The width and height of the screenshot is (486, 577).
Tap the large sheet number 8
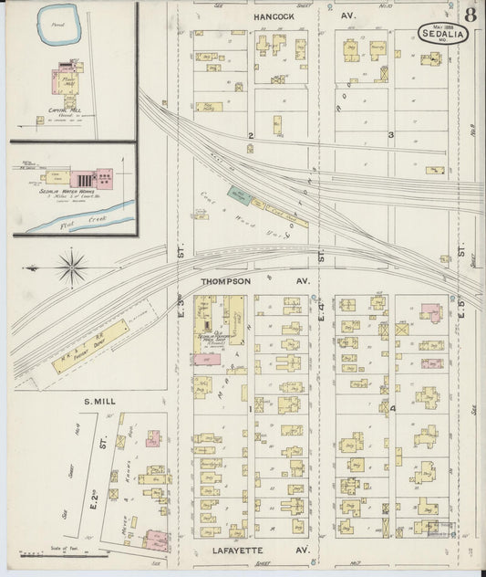(469, 16)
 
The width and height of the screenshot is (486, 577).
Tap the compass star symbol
(73, 268)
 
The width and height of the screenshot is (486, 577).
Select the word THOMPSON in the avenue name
(225, 281)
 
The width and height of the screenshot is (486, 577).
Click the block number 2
(250, 136)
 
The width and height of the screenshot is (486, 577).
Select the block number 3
(390, 136)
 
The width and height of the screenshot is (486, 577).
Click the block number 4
(393, 408)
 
